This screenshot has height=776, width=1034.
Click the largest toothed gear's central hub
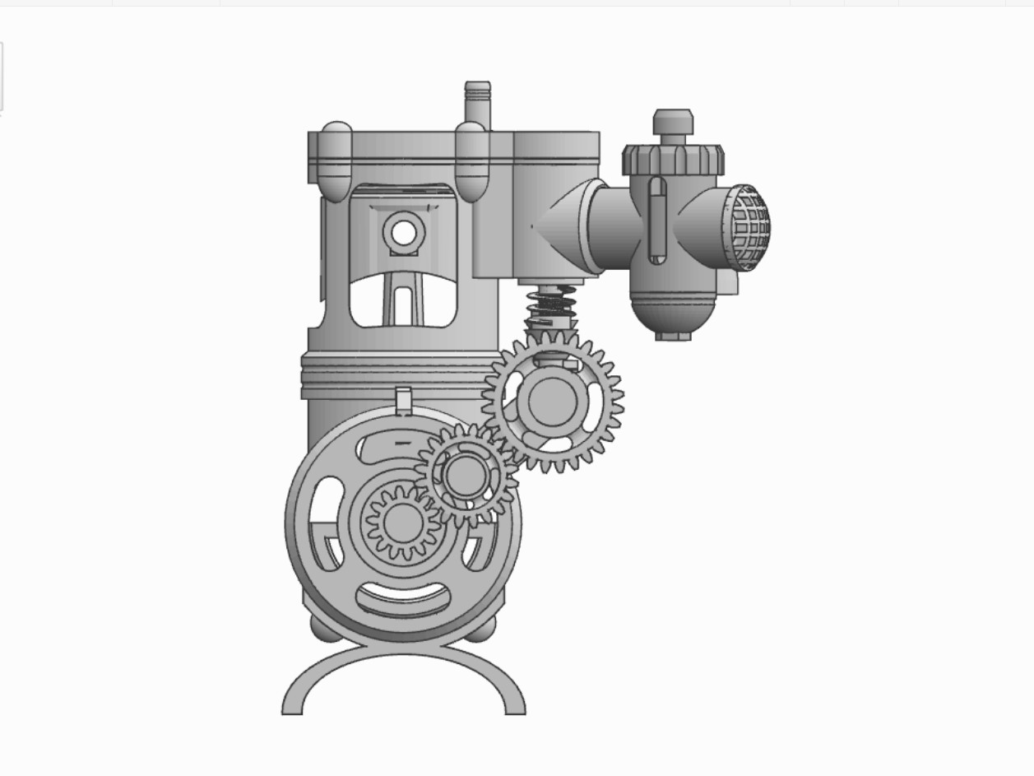point(551,401)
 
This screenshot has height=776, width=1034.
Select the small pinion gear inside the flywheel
point(402,523)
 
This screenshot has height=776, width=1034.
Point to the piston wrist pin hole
point(403,233)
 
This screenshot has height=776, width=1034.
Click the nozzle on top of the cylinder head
point(477,100)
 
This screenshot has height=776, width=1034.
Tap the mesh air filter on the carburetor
point(749,227)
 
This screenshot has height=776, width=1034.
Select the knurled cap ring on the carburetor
point(673,159)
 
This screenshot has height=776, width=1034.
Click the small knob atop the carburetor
point(673,122)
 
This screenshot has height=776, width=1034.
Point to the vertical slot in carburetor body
point(656,220)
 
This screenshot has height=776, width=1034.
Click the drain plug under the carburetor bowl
point(673,335)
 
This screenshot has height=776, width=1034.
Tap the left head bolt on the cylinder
point(335,162)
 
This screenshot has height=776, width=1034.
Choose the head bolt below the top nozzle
point(472,162)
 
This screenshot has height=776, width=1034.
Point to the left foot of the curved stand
point(293,704)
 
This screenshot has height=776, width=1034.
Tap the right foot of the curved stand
point(514,704)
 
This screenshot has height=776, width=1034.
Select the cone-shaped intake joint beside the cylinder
point(559,226)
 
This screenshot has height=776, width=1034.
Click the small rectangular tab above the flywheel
point(403,400)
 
